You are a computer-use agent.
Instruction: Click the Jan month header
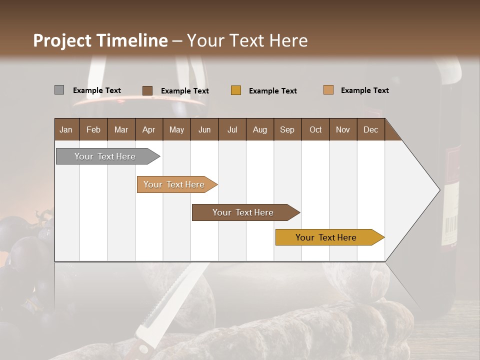coord(66,129)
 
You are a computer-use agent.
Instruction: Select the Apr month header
coord(148,129)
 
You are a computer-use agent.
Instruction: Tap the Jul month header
coord(232,129)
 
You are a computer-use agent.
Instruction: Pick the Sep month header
coord(287,129)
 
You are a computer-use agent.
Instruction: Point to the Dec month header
coord(370,129)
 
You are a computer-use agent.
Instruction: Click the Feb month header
coord(93,129)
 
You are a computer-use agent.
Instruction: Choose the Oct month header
coord(315,129)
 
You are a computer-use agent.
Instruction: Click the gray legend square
coord(59,90)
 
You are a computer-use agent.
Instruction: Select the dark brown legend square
coord(147,90)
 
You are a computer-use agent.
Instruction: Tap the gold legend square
coord(236,90)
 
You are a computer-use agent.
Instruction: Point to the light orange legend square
coord(328,90)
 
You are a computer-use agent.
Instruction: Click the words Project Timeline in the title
coord(100,40)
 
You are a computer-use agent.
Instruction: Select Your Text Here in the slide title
coord(247,40)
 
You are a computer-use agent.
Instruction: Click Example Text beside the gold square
coord(272,91)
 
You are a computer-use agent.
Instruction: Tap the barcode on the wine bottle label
coord(451,227)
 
